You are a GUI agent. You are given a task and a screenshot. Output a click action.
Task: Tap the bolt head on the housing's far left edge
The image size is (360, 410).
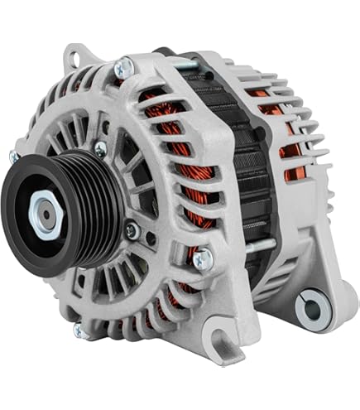(14, 157)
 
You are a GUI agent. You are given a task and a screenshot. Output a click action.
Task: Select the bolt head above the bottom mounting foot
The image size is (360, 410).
(201, 259)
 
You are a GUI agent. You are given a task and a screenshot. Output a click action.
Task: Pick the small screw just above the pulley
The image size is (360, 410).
(100, 149)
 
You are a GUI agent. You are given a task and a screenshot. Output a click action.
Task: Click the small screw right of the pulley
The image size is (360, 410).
(130, 232)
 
